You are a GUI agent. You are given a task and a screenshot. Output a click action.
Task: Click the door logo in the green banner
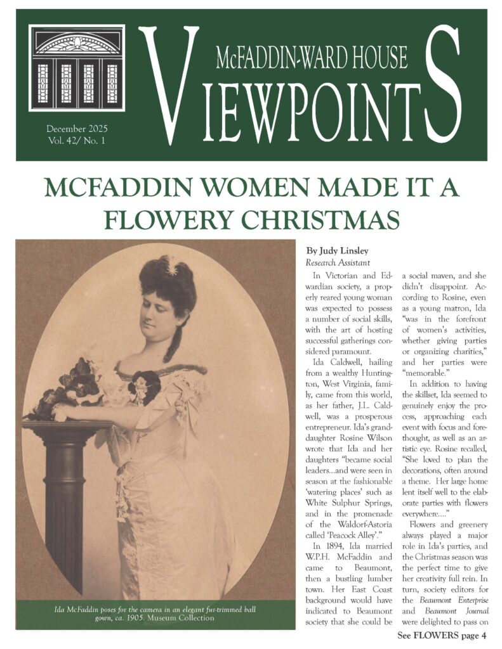pyautogui.click(x=76, y=68)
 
